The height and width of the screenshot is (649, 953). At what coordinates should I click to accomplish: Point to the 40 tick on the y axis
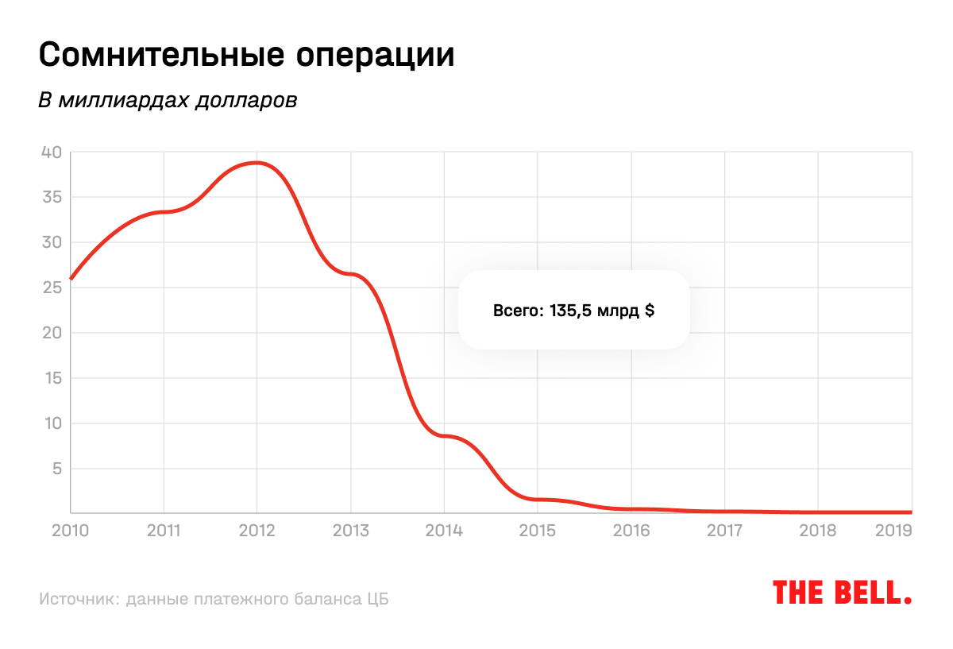pos(51,152)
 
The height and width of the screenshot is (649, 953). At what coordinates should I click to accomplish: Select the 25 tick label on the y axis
pos(51,288)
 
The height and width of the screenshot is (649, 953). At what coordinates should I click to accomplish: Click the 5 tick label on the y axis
pos(56,469)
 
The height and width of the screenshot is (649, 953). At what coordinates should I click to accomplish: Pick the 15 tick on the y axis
pos(51,378)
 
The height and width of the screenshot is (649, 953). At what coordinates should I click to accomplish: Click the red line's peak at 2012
pos(257,163)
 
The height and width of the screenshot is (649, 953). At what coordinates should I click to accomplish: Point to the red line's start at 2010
pos(71,279)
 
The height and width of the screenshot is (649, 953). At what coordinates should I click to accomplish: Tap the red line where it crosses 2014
pos(444,435)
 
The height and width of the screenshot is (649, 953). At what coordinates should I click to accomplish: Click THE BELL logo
pos(842,593)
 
